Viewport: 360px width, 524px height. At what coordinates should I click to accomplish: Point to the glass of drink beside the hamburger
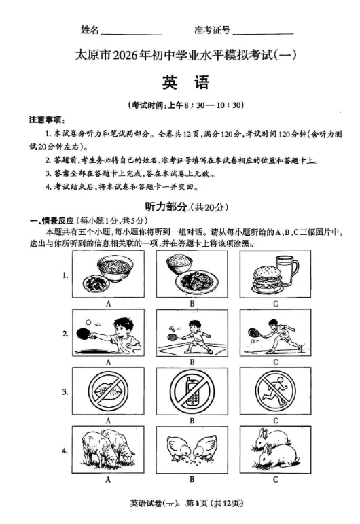coord(287,273)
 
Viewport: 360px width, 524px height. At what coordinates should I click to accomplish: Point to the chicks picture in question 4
coord(192,450)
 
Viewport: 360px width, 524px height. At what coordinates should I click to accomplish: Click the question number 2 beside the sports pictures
coord(65,334)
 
